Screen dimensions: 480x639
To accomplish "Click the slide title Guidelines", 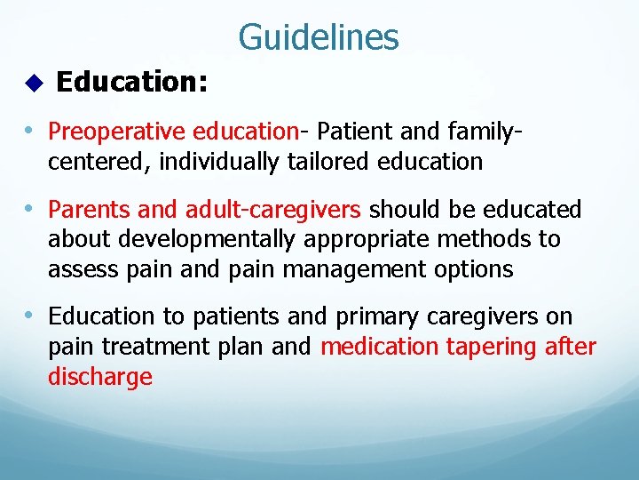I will click(319, 37).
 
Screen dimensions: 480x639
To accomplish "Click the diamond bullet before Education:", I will click(34, 84).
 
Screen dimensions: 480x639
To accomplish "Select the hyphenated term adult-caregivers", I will click(272, 210).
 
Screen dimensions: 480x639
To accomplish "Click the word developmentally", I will click(212, 239).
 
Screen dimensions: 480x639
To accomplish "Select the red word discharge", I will click(99, 377).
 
